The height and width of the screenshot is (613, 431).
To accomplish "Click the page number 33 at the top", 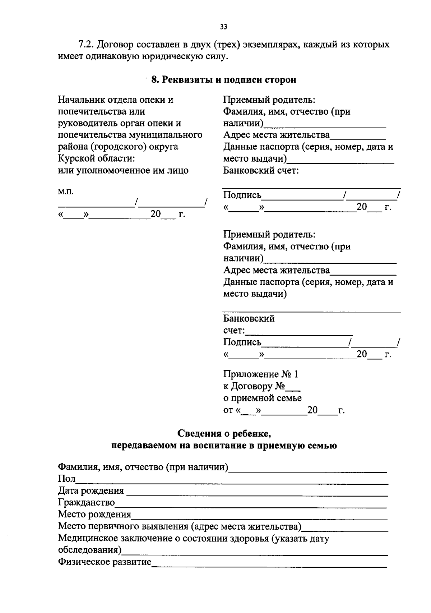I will (x=223, y=27).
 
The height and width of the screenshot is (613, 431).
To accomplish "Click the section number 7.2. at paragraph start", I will (x=86, y=45).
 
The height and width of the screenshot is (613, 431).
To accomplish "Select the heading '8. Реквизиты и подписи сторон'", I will (x=223, y=80).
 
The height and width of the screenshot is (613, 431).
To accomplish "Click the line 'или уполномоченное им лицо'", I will (x=123, y=170).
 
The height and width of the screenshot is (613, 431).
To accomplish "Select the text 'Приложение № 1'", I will (x=261, y=374).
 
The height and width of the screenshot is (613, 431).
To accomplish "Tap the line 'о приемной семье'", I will (x=262, y=398).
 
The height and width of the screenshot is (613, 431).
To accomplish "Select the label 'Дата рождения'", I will (x=91, y=490).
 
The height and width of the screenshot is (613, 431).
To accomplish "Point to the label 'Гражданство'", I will (x=87, y=502).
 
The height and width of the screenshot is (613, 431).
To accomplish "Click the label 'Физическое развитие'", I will (x=105, y=562).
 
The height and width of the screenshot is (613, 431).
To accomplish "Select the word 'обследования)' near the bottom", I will (x=90, y=550).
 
